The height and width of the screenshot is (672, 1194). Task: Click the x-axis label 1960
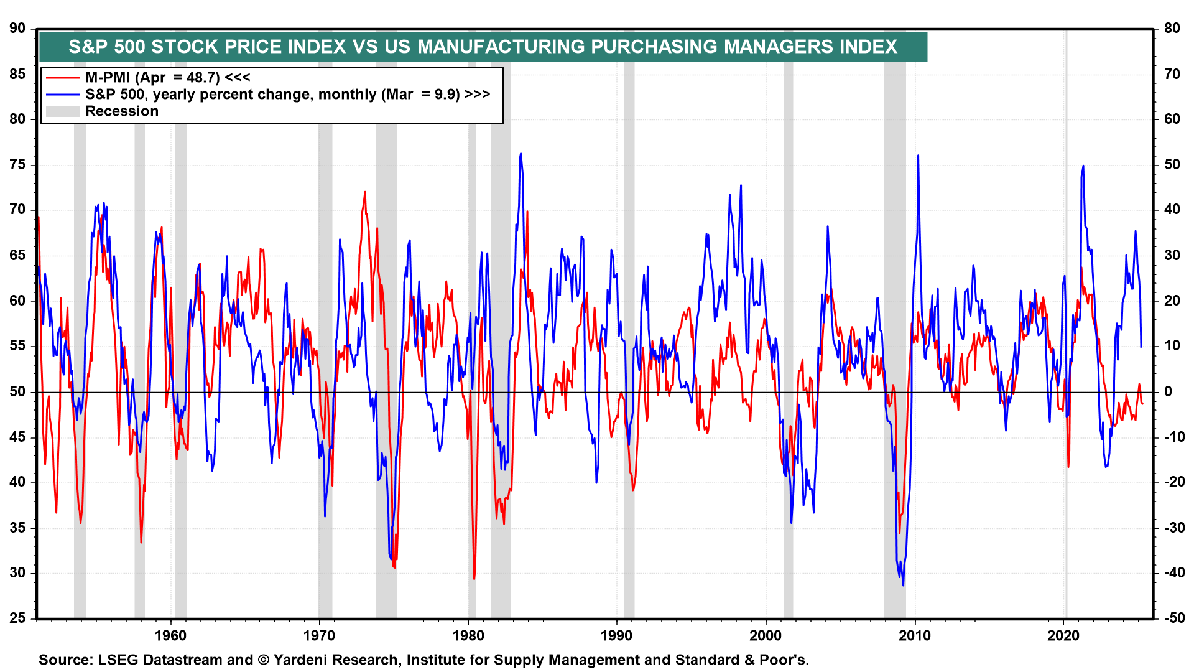pyautogui.click(x=170, y=635)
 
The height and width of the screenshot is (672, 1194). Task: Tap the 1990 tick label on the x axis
pyautogui.click(x=616, y=635)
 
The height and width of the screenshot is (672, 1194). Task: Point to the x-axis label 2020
pyautogui.click(x=1063, y=635)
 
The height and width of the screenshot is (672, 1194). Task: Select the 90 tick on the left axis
pyautogui.click(x=17, y=29)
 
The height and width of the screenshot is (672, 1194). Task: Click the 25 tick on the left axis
pyautogui.click(x=17, y=618)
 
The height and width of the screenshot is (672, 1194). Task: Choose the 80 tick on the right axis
pyautogui.click(x=1172, y=29)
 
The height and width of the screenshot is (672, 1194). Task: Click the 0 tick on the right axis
pyautogui.click(x=1168, y=391)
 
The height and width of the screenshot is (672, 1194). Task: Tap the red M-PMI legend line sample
pyautogui.click(x=63, y=78)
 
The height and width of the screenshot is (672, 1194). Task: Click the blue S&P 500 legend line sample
pyautogui.click(x=63, y=95)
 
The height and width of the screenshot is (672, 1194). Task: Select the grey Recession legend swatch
pyautogui.click(x=63, y=111)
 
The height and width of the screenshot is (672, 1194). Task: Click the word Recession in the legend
pyautogui.click(x=122, y=111)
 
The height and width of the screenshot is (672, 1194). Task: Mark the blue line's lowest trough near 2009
pyautogui.click(x=903, y=584)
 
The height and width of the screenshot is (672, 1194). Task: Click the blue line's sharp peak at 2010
pyautogui.click(x=918, y=156)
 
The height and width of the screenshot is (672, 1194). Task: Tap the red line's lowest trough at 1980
pyautogui.click(x=474, y=579)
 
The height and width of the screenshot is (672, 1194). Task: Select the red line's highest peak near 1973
pyautogui.click(x=365, y=192)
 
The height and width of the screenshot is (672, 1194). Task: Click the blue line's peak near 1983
pyautogui.click(x=521, y=154)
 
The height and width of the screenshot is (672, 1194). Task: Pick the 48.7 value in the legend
pyautogui.click(x=203, y=78)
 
